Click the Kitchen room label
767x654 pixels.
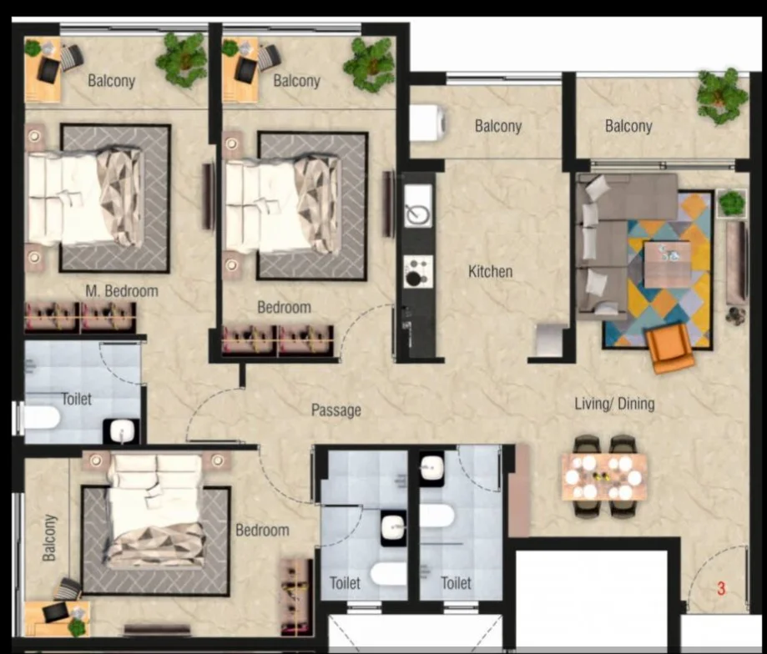click(x=490, y=271)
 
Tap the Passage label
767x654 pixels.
click(x=336, y=410)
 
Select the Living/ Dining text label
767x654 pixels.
click(x=614, y=404)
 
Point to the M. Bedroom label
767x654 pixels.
click(x=122, y=291)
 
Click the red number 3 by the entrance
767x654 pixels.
click(x=721, y=588)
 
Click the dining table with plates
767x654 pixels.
click(x=604, y=476)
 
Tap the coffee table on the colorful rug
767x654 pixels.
click(x=667, y=264)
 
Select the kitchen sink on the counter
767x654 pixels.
click(x=418, y=206)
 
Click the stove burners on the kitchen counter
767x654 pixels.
click(x=418, y=271)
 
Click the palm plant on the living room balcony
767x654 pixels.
click(x=721, y=96)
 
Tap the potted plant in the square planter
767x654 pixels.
click(x=732, y=204)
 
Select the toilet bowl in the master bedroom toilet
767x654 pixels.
click(x=42, y=418)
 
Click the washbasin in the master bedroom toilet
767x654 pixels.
click(x=121, y=431)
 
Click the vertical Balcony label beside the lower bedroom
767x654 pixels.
click(x=49, y=538)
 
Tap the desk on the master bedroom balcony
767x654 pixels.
click(x=43, y=70)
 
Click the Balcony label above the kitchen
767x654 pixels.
click(x=498, y=126)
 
